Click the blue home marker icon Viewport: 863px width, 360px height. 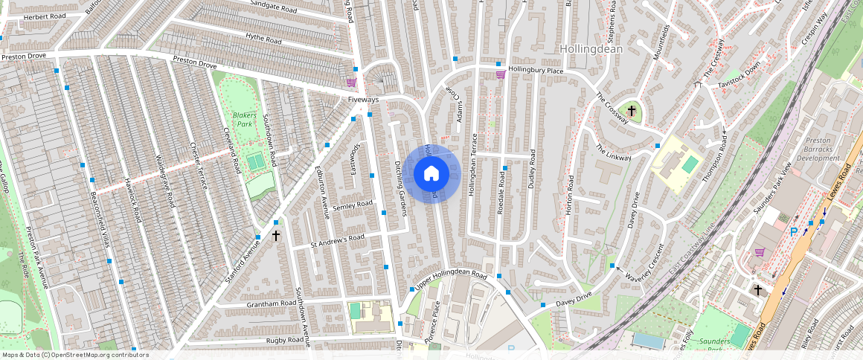pyautogui.click(x=431, y=174)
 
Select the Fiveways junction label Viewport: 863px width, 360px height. pyautogui.click(x=363, y=99)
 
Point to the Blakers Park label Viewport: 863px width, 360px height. pyautogui.click(x=244, y=120)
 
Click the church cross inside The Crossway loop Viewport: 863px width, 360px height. pyautogui.click(x=632, y=111)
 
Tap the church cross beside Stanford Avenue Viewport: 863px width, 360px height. pyautogui.click(x=276, y=236)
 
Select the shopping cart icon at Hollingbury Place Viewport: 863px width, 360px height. pyautogui.click(x=501, y=74)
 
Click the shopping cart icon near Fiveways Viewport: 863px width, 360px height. pyautogui.click(x=350, y=83)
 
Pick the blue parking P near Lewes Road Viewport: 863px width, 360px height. pyautogui.click(x=793, y=232)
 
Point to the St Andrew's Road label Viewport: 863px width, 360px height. pyautogui.click(x=338, y=239)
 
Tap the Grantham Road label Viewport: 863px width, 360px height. pyautogui.click(x=272, y=304)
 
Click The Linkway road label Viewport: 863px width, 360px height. pyautogui.click(x=614, y=152)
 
